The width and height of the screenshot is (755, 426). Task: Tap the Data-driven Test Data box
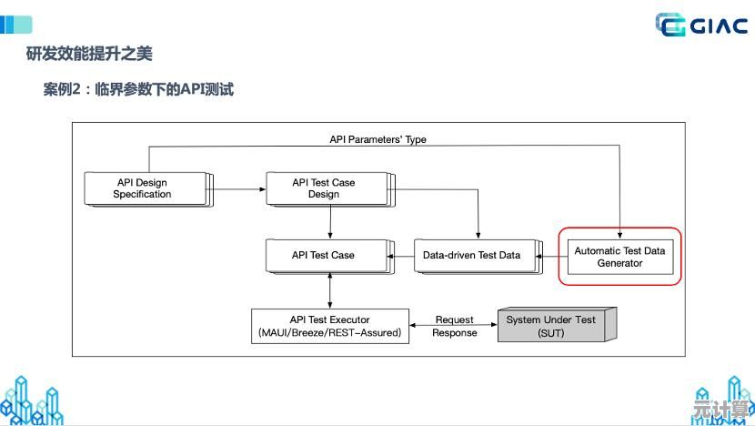click(471, 255)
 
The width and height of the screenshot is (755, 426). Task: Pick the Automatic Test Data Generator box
click(619, 256)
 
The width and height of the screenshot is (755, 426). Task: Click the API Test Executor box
click(329, 326)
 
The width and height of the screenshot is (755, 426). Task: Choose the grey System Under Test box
click(551, 326)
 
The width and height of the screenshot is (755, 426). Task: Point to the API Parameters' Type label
click(377, 139)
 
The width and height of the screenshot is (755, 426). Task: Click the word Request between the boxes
click(454, 319)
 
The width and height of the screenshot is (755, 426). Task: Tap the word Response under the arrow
click(454, 333)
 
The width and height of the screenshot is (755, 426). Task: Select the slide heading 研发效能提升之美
click(89, 54)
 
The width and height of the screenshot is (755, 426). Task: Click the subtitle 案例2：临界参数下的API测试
click(138, 89)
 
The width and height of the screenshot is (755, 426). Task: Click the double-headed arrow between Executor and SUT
click(454, 326)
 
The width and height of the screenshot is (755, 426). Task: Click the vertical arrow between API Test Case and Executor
click(329, 290)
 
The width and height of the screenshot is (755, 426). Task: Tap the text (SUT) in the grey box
click(551, 333)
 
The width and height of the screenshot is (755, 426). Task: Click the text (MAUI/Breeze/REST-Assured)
click(329, 333)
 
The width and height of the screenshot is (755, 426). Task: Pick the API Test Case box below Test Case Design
click(324, 255)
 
